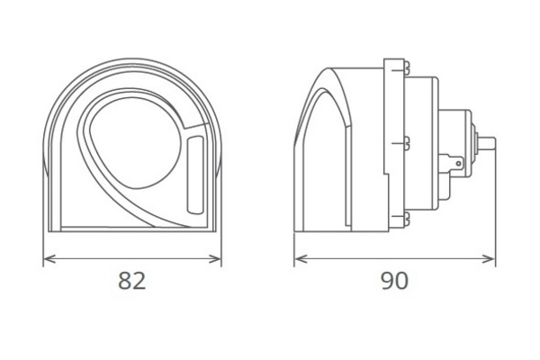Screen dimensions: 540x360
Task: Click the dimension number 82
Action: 132,281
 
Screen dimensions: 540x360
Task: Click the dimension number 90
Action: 395,281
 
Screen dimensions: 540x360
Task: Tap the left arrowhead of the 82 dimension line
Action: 49,258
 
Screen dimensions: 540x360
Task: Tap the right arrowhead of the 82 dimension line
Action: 215,258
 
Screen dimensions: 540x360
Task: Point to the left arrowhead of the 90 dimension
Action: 301,258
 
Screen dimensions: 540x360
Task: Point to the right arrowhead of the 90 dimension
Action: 489,258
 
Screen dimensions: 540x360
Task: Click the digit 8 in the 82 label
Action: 125,281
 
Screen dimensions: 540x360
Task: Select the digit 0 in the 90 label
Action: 402,281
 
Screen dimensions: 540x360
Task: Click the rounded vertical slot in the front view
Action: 195,175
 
